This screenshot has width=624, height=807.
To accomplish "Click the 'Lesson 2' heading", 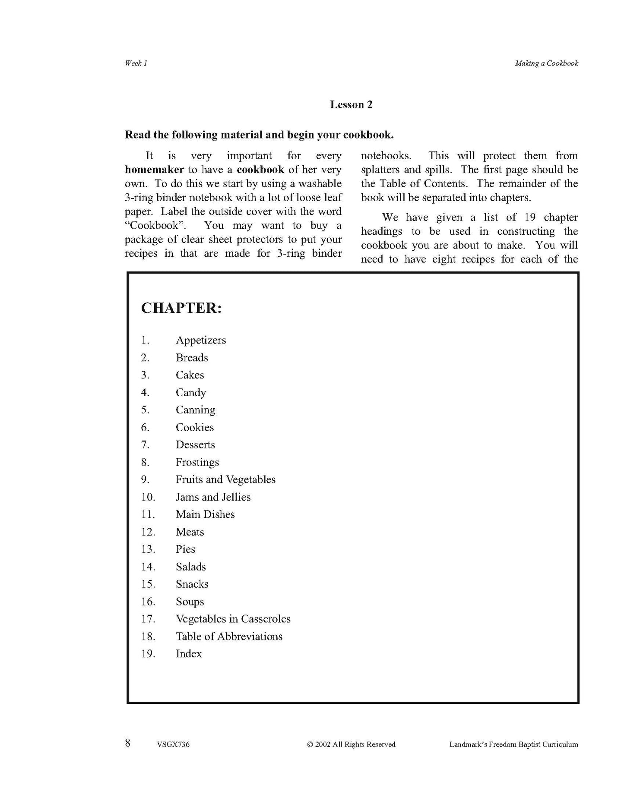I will tap(351, 105).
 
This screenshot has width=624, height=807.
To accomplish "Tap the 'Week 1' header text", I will tap(136, 63).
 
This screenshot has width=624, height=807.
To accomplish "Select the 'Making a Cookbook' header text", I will tap(546, 63).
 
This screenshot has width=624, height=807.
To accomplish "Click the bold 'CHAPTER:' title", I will tap(181, 308).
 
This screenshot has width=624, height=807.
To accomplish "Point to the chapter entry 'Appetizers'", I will tap(201, 340).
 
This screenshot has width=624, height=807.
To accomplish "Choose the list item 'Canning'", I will tap(195, 410).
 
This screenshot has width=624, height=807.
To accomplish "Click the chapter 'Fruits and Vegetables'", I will tap(225, 479).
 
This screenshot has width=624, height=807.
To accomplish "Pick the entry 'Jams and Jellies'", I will tap(213, 497).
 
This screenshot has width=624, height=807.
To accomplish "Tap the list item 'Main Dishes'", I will tap(205, 514).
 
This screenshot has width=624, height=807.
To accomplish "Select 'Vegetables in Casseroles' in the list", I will tap(233, 619).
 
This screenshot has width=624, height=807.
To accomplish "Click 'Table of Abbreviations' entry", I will tap(229, 637).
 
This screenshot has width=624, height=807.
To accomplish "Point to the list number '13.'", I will tap(148, 549).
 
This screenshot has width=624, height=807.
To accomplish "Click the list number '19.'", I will tap(148, 654).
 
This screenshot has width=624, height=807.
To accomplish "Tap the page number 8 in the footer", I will tap(128, 743).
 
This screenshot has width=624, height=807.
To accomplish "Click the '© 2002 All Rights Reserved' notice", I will tap(351, 744).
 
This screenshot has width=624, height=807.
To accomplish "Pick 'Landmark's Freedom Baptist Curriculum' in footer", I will tap(513, 744).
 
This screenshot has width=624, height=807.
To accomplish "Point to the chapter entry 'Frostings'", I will tap(197, 462).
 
